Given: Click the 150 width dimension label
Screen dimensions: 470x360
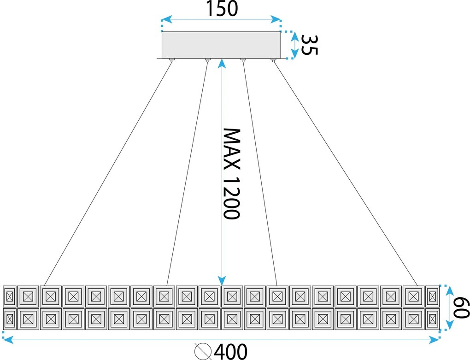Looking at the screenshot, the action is click(x=222, y=8).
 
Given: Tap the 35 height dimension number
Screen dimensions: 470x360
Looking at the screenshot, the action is click(x=309, y=45).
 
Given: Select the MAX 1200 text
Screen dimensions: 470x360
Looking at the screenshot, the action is click(x=232, y=174).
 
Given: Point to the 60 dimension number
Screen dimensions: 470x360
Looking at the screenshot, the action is click(x=461, y=307).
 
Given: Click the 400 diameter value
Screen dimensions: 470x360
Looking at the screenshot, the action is click(x=231, y=352).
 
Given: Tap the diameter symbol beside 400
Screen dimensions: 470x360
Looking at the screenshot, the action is click(x=203, y=351).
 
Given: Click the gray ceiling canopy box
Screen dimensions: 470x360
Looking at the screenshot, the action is click(x=221, y=45).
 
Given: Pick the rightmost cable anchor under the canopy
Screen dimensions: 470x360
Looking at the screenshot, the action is click(x=273, y=60).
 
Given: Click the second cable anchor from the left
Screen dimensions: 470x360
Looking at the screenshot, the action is click(x=207, y=60).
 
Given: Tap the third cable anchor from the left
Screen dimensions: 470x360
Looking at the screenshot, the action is click(x=243, y=60).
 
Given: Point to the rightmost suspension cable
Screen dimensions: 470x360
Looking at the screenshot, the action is click(x=345, y=174).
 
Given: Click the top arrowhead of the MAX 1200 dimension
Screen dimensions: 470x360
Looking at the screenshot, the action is click(x=222, y=63).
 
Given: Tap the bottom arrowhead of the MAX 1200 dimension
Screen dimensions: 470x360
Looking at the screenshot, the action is click(x=222, y=281).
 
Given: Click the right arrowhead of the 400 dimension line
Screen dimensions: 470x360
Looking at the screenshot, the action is click(x=434, y=340).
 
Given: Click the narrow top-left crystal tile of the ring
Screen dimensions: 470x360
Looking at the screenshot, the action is click(x=10, y=296).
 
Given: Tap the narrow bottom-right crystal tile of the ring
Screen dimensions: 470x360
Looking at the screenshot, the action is click(x=432, y=319).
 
